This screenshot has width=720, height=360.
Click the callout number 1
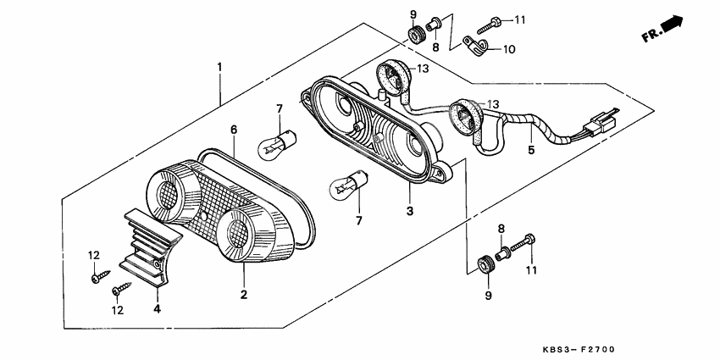click(219, 66)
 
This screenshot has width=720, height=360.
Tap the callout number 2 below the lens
click(243, 295)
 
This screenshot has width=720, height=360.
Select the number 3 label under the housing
click(409, 210)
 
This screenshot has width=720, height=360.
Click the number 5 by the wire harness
click(531, 151)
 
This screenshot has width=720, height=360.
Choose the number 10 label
click(508, 49)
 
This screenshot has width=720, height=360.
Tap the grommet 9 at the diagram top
click(416, 35)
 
